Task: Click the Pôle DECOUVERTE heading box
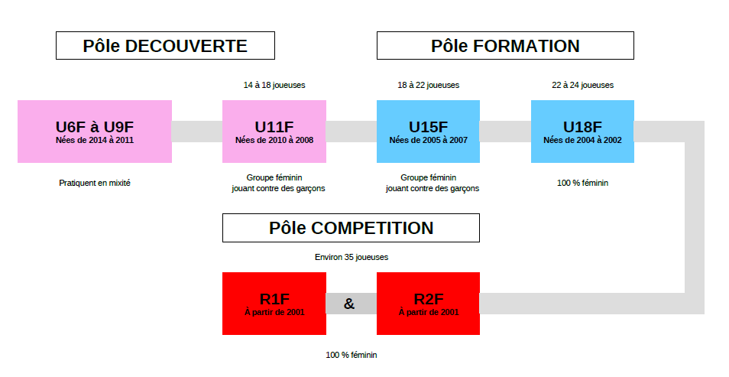click(165, 46)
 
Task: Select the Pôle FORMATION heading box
click(505, 46)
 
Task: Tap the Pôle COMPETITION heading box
click(351, 228)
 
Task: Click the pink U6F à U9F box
click(95, 132)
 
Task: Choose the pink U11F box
click(274, 132)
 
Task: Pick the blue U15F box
click(428, 132)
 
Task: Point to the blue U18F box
click(582, 132)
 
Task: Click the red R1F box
click(274, 304)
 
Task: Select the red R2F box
click(428, 304)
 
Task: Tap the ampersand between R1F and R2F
click(349, 304)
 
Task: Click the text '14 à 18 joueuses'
click(274, 85)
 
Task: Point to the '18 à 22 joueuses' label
click(428, 85)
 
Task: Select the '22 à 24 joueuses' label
click(582, 85)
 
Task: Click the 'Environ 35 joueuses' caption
click(352, 257)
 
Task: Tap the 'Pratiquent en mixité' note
click(95, 183)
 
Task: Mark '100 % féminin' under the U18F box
click(582, 183)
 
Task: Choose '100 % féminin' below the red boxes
click(352, 355)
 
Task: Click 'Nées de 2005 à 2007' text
click(428, 140)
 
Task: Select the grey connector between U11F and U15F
click(352, 132)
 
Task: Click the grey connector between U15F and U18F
click(505, 132)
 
